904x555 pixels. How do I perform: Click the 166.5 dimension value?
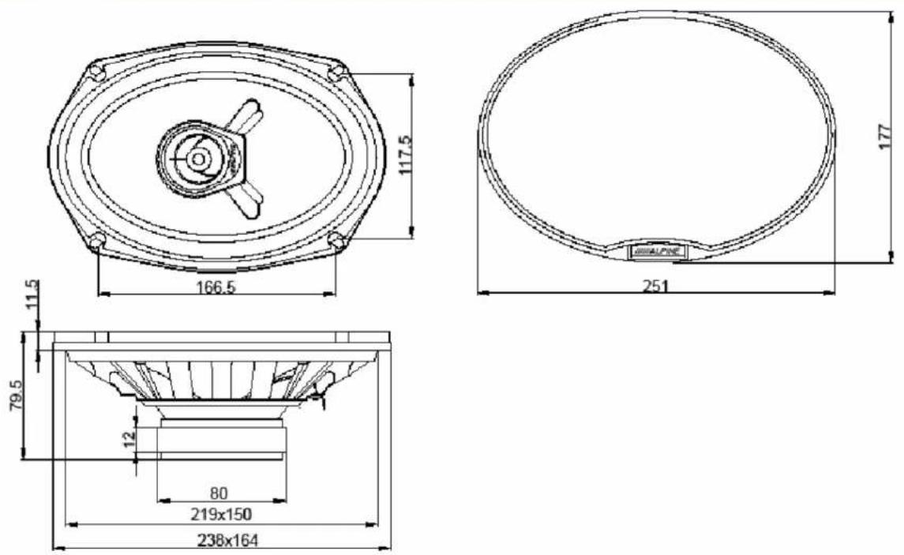[216, 287]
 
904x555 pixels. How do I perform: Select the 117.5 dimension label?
[405, 156]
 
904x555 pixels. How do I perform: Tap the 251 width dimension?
[655, 286]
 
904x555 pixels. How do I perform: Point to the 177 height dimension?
[886, 137]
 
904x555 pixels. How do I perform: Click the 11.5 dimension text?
[33, 294]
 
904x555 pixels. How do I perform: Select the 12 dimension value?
[130, 437]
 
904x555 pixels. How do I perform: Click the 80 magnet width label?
[219, 493]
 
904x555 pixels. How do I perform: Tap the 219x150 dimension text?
[221, 513]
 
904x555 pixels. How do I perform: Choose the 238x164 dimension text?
[227, 541]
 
